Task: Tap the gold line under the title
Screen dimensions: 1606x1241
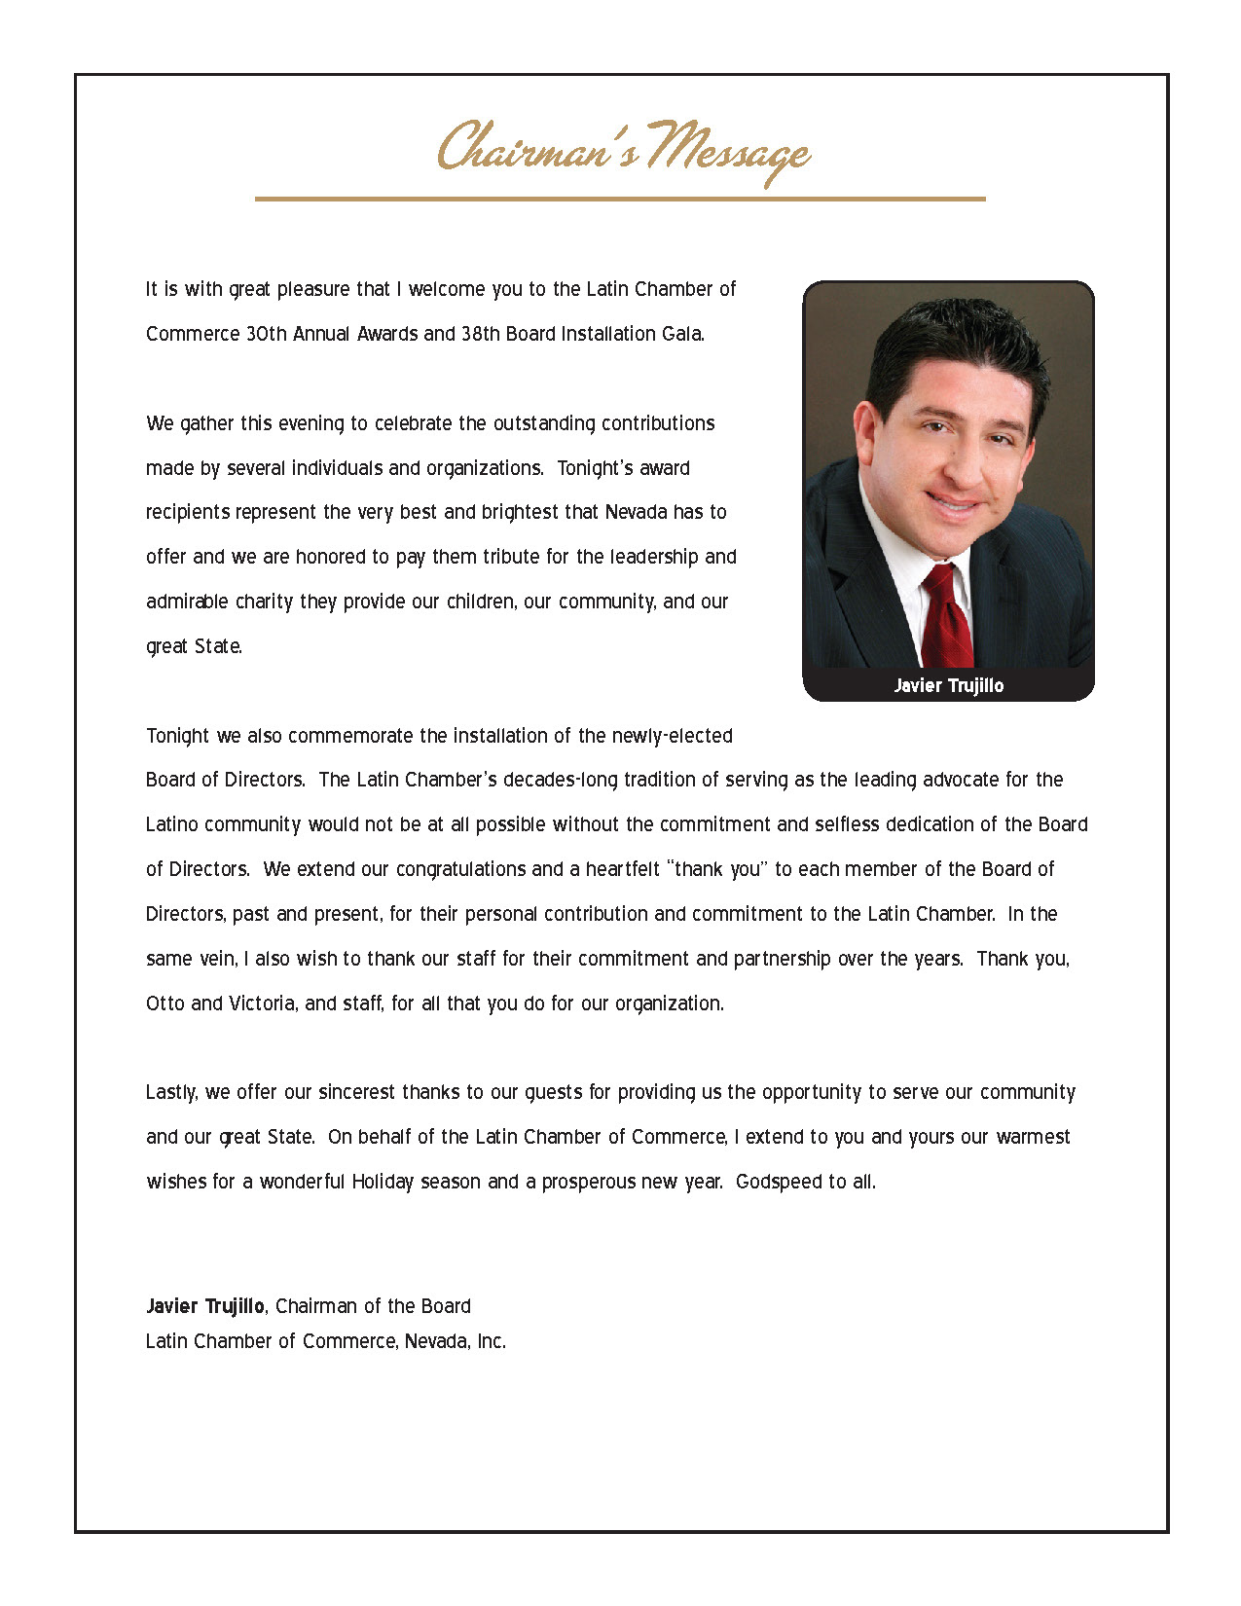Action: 620,199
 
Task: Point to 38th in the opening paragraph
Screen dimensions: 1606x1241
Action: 480,334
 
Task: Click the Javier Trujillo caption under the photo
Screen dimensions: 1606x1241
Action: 948,685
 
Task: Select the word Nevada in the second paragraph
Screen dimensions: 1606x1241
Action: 636,512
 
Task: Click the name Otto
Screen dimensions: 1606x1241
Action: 164,1004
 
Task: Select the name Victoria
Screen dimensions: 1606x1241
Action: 262,1004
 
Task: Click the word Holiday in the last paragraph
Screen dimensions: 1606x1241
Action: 383,1182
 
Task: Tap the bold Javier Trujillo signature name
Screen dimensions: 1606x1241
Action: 204,1306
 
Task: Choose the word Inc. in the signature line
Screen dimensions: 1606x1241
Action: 491,1341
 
